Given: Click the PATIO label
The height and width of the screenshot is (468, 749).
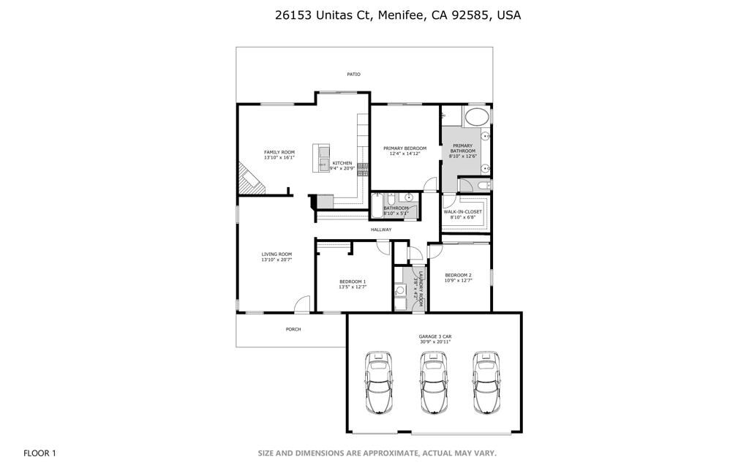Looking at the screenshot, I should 353,74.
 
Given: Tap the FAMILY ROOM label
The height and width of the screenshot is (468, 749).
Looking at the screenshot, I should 279,152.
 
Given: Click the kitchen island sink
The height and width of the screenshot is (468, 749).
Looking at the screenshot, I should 322,154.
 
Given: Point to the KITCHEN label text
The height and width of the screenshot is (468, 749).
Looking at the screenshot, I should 342,163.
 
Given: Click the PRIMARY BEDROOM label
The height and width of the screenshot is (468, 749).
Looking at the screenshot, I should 404,148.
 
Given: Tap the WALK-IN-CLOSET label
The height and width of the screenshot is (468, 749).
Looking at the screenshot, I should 468,211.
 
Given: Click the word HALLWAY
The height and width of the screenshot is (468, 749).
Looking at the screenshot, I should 380,230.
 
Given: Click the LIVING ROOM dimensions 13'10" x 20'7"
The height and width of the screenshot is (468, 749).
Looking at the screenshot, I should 276,260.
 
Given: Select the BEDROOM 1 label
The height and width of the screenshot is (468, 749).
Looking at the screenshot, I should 352,282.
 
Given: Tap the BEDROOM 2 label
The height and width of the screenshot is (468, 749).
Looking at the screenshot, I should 458,275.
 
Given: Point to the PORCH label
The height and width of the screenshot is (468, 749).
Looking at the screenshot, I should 293,329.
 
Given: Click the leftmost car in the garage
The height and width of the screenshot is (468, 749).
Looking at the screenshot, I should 378,382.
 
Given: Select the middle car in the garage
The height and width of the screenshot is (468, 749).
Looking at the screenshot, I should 432,382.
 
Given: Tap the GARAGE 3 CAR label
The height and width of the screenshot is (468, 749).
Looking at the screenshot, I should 434,336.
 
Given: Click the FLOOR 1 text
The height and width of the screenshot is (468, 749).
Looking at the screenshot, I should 39,453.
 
